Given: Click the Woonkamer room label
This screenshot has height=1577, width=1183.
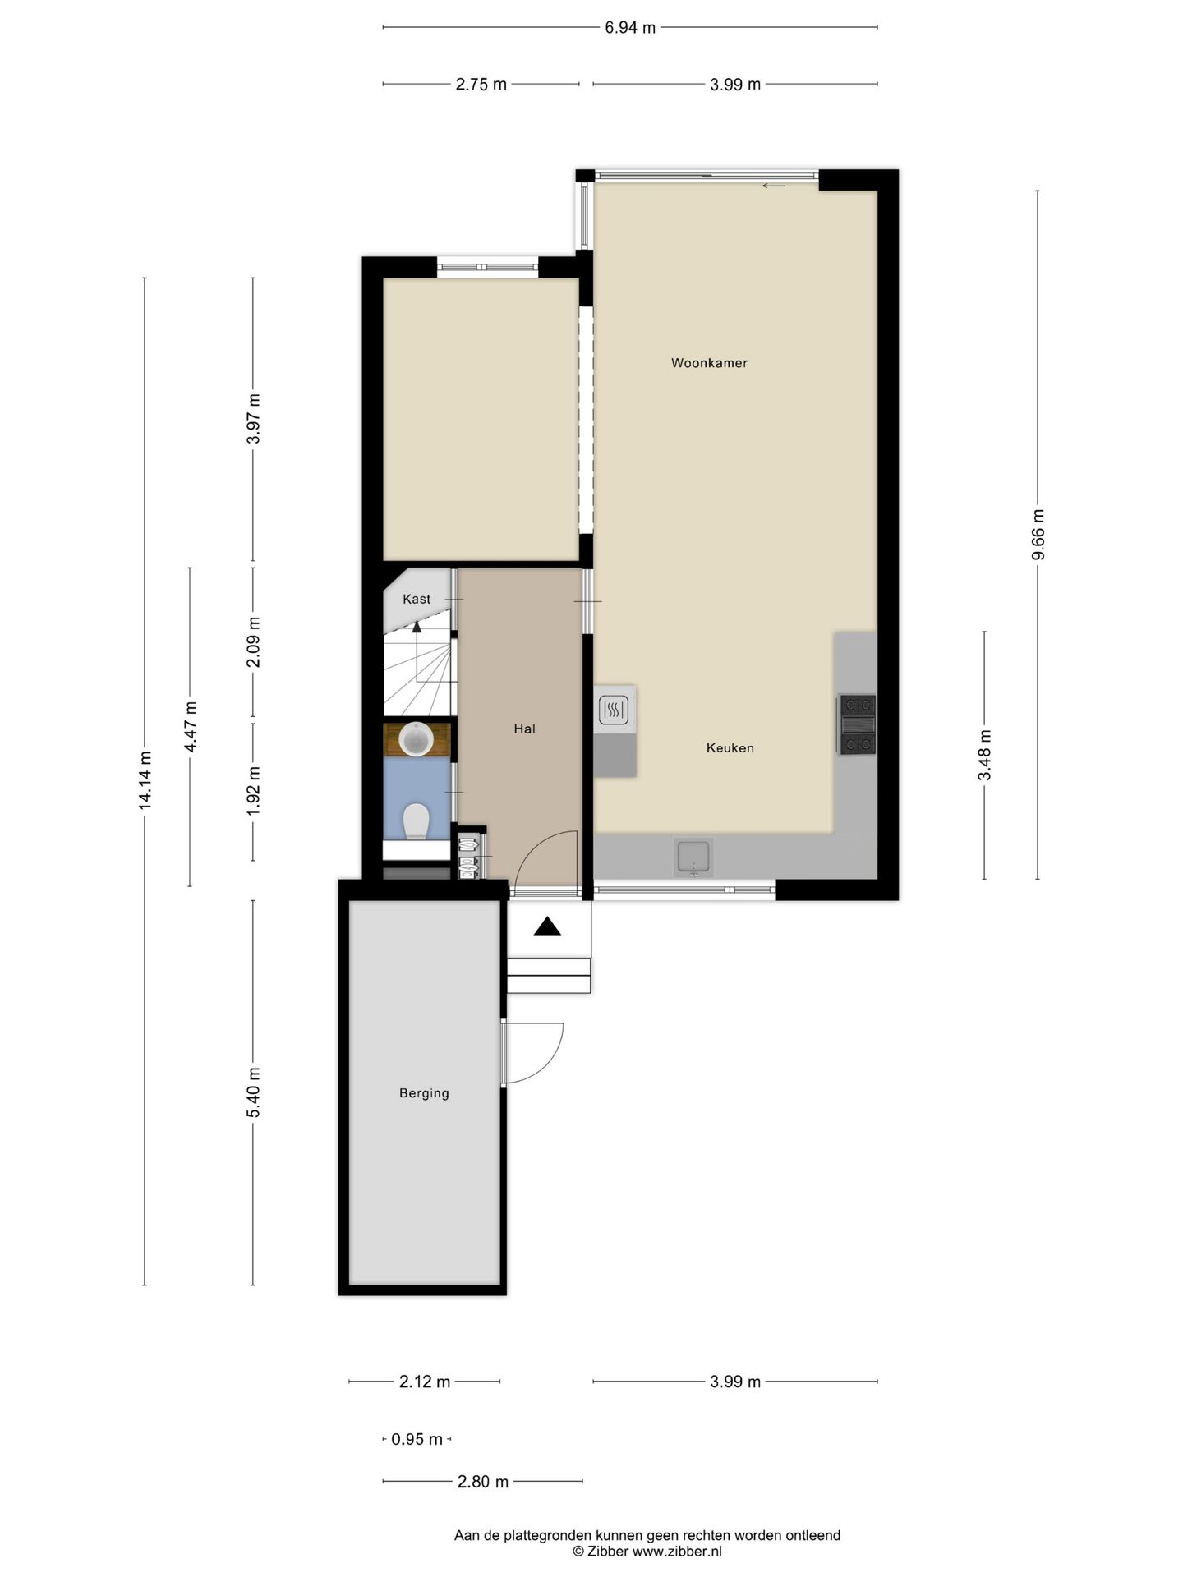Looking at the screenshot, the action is pos(709,363).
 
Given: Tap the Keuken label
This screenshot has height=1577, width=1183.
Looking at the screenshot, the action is pos(730,748).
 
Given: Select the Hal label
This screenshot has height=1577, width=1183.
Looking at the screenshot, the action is pos(524,729).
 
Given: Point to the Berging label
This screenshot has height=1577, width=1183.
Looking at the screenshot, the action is pos(424,1093).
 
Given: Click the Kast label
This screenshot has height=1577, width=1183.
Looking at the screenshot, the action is pos(417,599).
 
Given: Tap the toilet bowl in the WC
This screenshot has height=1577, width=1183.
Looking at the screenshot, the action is pos(417,821).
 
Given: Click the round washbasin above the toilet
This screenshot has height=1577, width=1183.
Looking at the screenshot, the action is pos(416,739).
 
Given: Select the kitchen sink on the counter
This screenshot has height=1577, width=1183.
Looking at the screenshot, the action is pos(693,857).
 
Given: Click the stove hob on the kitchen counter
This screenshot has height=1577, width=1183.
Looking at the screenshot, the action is pos(857,724).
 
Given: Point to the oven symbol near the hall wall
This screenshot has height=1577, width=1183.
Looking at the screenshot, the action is pos(614,710).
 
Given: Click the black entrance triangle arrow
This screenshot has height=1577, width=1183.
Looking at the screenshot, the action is pos(547,926).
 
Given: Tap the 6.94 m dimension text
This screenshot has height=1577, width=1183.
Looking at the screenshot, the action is pos(630,28).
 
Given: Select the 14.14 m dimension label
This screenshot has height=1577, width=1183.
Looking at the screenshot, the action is pos(145,780).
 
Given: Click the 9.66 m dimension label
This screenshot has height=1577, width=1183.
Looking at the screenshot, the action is pos(1038,534).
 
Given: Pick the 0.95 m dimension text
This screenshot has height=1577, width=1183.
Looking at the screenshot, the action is pos(417,1439).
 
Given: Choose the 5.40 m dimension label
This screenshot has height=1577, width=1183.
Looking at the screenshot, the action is pos(253,1092).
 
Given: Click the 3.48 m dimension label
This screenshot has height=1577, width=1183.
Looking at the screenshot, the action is pos(985,756).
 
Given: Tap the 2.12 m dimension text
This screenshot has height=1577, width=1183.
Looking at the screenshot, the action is pos(425,1382).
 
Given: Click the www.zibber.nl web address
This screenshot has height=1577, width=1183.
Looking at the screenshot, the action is pos(677,1552).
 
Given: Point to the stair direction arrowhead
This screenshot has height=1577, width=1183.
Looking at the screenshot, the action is pos(417,627).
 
